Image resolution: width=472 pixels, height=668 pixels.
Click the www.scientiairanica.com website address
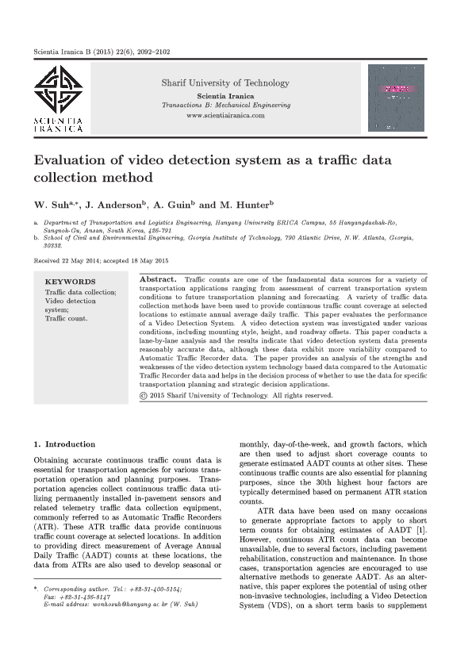225,115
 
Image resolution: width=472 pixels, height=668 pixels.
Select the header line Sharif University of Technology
225,83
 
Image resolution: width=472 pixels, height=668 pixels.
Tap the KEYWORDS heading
70,282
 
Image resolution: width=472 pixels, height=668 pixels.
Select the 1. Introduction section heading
64,443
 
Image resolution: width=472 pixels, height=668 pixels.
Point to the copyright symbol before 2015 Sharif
143,395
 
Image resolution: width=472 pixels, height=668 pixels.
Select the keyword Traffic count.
66,319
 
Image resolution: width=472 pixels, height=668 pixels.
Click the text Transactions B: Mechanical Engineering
225,106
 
